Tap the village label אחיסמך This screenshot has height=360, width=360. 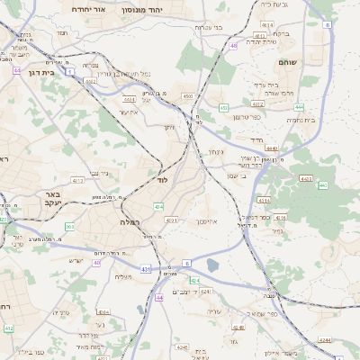(x=205, y=220)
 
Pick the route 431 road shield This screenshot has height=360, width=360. (x=145, y=268)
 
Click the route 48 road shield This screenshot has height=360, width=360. (x=233, y=45)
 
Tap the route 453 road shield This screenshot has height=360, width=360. (x=222, y=108)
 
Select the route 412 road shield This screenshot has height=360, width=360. (x=9, y=329)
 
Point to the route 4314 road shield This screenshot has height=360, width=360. (x=264, y=199)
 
